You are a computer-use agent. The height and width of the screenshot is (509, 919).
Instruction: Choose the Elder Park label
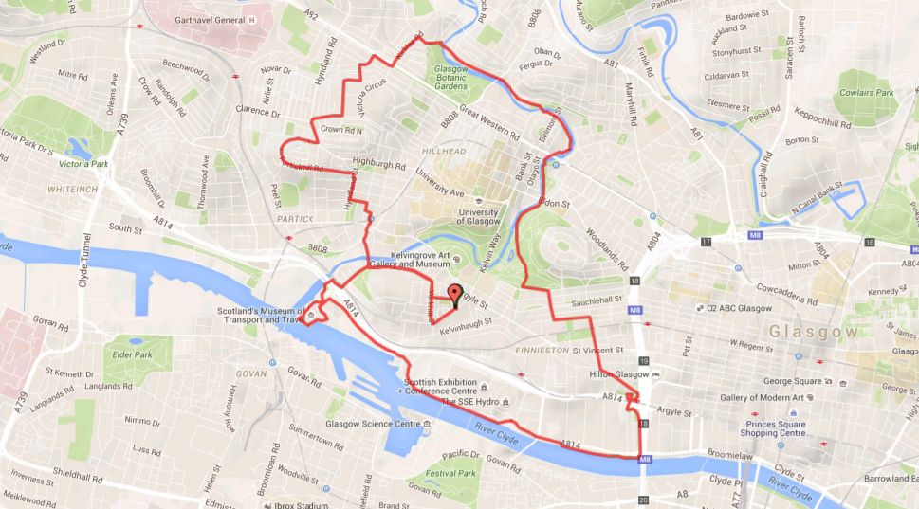[131, 354]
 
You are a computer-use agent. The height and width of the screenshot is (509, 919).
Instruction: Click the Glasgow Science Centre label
[373, 424]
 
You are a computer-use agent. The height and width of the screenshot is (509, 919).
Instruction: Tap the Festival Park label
[450, 472]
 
